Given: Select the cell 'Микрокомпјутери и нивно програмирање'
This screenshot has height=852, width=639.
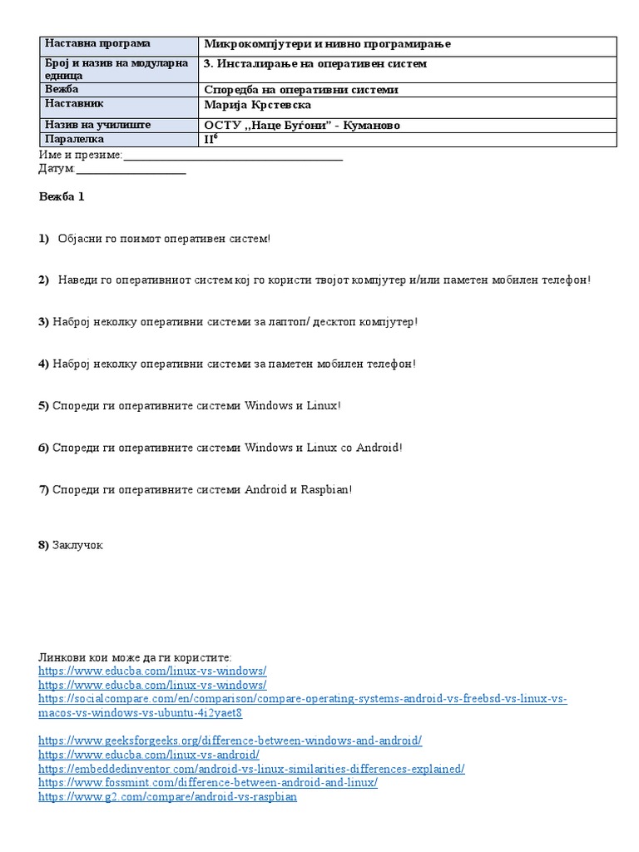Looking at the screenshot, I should click(x=327, y=44).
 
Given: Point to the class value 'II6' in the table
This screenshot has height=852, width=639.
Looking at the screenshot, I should click(x=211, y=139).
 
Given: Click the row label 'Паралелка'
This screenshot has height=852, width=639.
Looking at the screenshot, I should click(x=75, y=140).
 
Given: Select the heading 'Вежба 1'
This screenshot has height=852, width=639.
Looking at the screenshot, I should click(x=62, y=197).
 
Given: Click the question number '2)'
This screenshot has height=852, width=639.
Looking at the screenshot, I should click(x=43, y=280).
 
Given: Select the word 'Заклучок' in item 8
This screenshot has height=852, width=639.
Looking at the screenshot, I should click(x=77, y=545).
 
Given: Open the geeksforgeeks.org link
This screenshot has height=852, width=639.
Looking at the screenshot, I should click(x=230, y=740).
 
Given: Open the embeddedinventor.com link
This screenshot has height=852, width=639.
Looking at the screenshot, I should click(x=251, y=769).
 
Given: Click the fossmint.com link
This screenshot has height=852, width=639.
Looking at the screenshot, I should click(x=208, y=783).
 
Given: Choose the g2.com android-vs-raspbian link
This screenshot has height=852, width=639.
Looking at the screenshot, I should click(x=167, y=797).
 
